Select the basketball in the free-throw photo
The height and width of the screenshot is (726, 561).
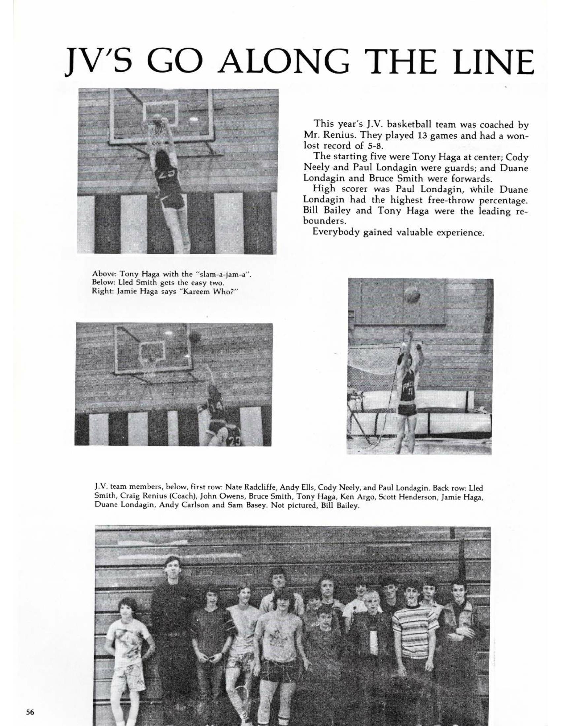(412, 295)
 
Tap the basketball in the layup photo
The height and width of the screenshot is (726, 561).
(195, 337)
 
